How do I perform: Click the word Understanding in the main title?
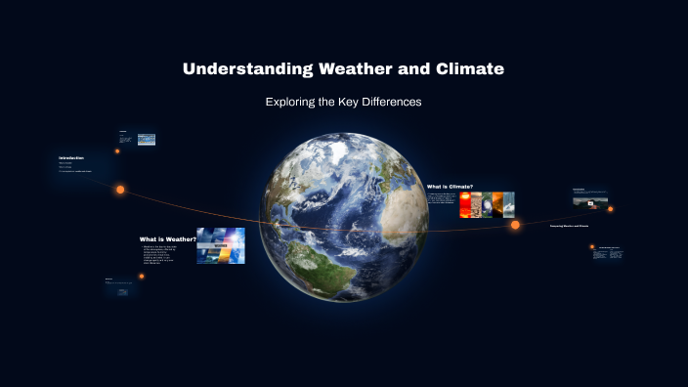[246, 69]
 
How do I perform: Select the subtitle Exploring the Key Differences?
[343, 102]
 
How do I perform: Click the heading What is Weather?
[167, 238]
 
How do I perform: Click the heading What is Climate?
[450, 186]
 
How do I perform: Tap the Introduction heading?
[71, 157]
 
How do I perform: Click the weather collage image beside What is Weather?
[220, 246]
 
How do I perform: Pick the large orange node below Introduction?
[121, 190]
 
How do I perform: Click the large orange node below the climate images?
[515, 225]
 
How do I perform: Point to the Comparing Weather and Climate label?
[569, 226]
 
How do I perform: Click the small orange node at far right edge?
[611, 208]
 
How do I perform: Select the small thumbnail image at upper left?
[147, 140]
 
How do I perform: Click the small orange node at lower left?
[142, 277]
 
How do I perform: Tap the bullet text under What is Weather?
[167, 256]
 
